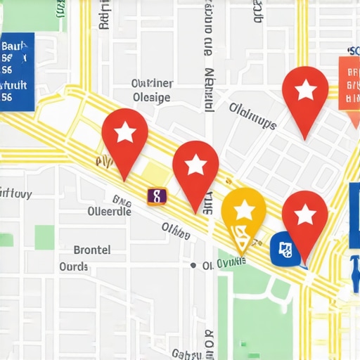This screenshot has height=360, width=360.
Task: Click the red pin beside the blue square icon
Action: [x=304, y=218]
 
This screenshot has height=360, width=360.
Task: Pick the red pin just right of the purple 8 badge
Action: [x=195, y=169]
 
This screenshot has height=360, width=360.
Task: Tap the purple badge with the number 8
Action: [x=156, y=196]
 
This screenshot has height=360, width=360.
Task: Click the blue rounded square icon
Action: [x=284, y=248]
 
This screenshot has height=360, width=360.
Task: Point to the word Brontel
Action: [x=91, y=250]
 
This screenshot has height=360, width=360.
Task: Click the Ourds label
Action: [x=74, y=267]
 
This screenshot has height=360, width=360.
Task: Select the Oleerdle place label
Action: [x=109, y=211]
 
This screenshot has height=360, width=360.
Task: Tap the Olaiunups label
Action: [x=252, y=116]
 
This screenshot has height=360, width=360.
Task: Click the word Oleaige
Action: [x=151, y=98]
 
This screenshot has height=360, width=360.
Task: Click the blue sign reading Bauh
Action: [x=16, y=72]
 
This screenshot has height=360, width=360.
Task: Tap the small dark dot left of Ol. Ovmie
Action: [x=193, y=265]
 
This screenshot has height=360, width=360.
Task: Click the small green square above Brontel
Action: [x=44, y=238]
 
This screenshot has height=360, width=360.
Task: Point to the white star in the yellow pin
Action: [x=243, y=210]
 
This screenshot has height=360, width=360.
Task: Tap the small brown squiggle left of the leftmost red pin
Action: [x=103, y=162]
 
